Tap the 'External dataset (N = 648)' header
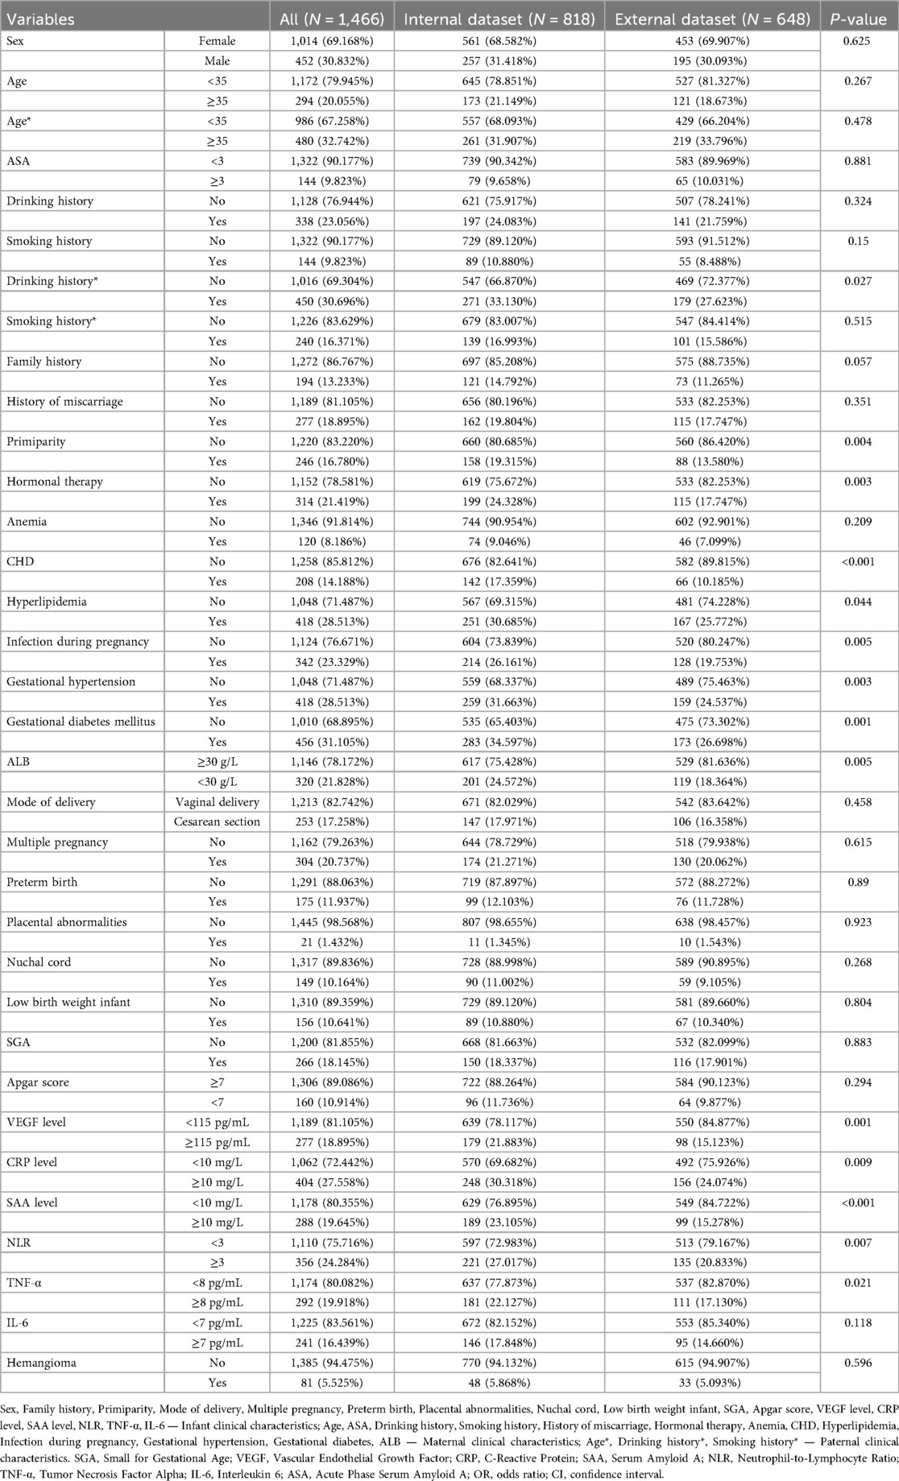tap(712, 19)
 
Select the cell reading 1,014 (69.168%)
tap(333, 40)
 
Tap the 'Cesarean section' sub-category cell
tap(217, 821)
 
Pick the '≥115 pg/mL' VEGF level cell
tap(217, 1142)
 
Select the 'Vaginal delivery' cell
tap(217, 801)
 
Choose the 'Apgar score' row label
tap(38, 1082)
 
